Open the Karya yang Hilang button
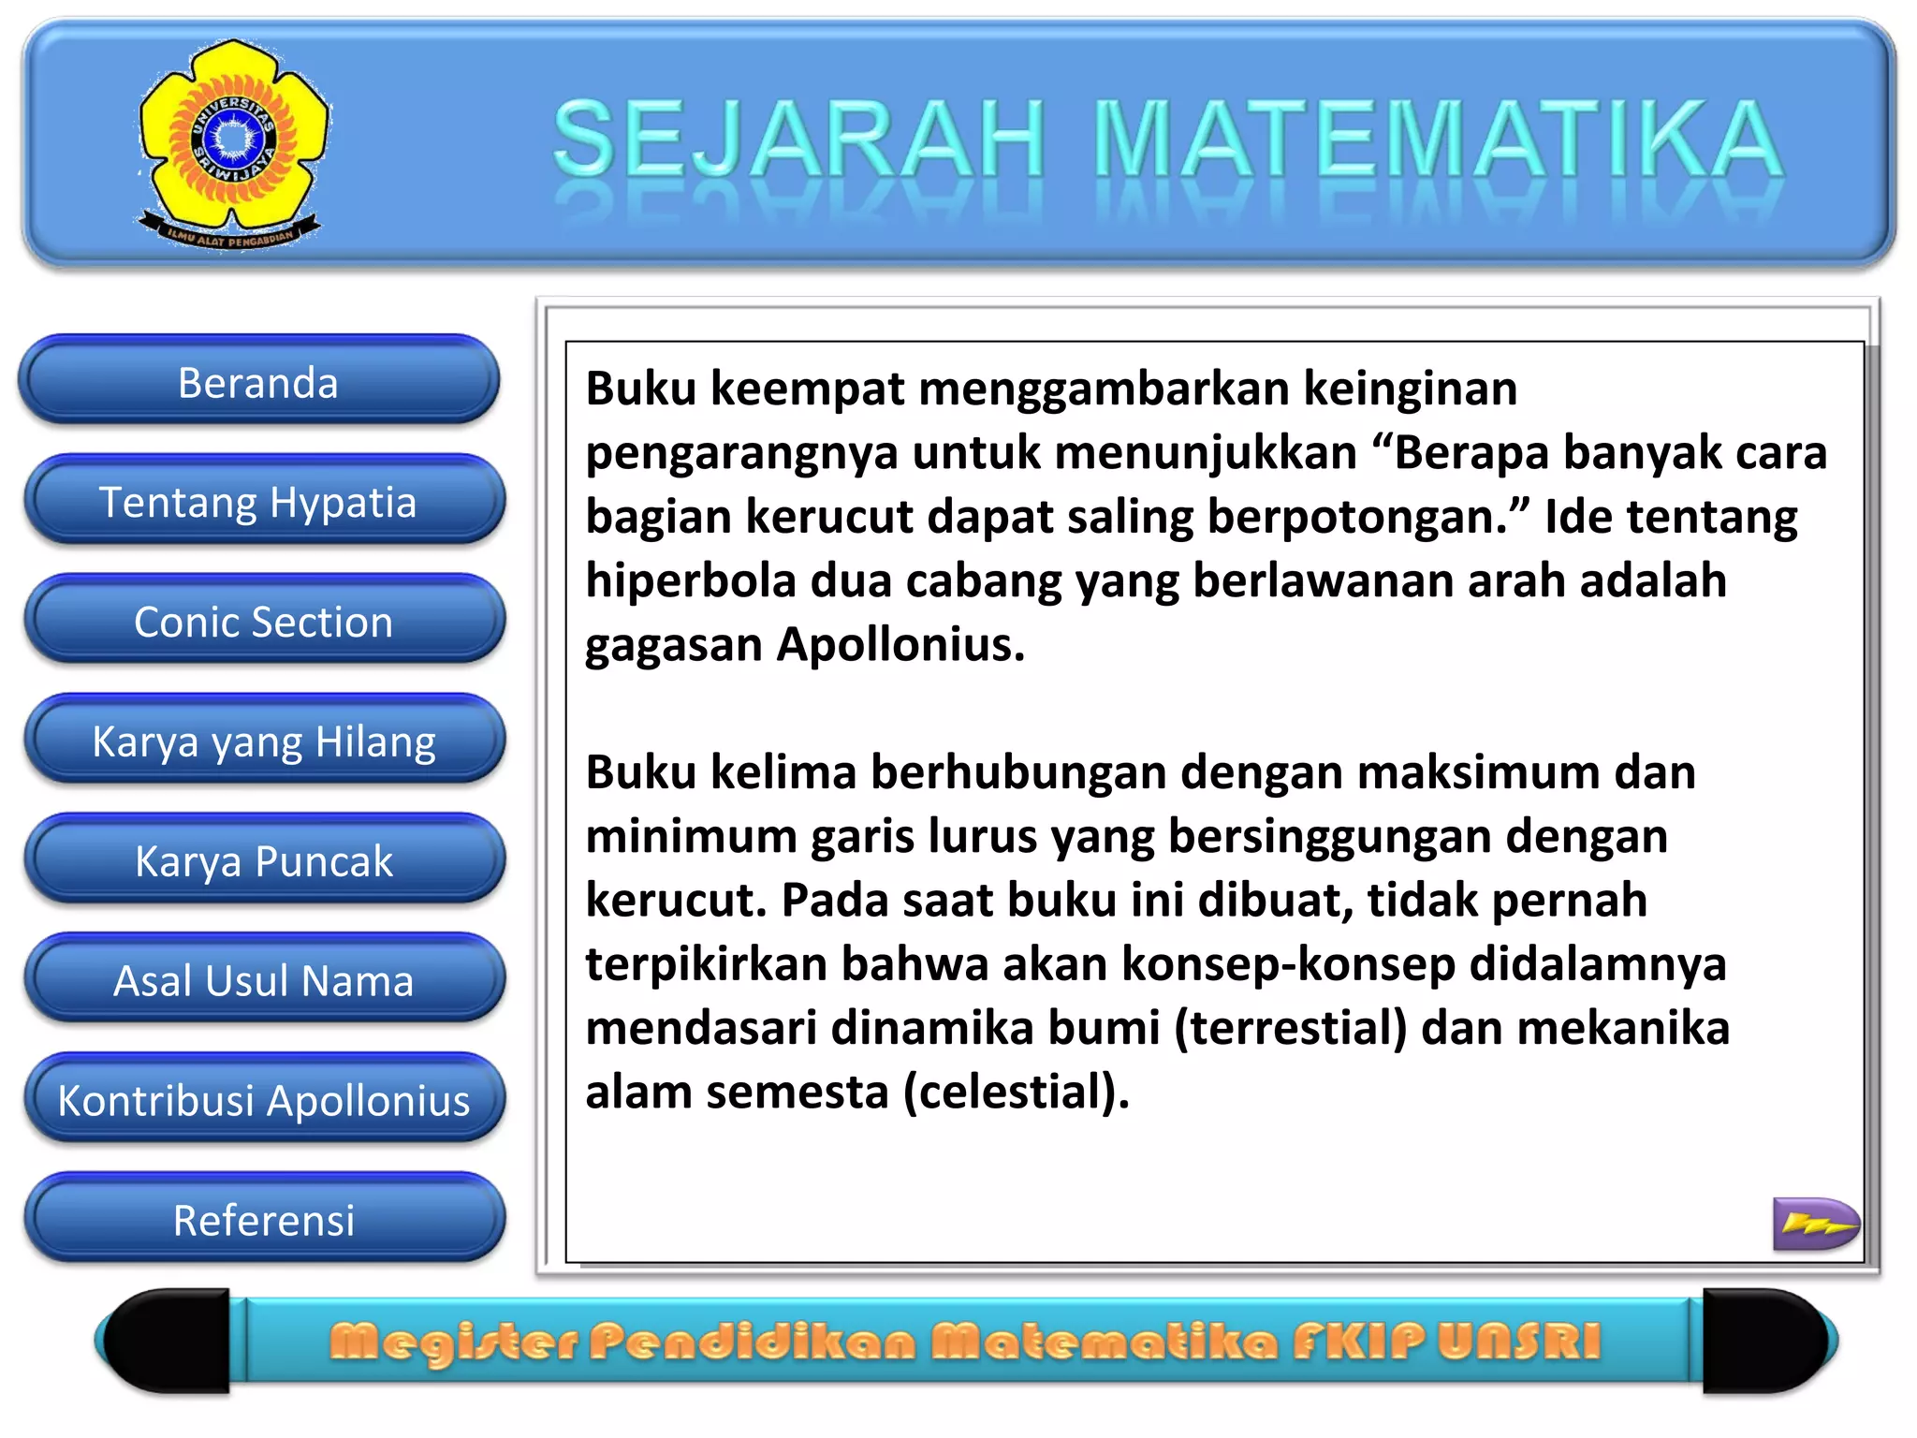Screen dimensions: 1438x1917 click(263, 741)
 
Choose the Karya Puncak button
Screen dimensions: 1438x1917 click(263, 861)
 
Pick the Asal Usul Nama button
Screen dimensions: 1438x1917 click(263, 981)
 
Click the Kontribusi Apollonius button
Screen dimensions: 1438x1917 click(263, 1101)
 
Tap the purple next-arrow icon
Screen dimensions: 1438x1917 click(1815, 1224)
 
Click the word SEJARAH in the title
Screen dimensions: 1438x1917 click(798, 140)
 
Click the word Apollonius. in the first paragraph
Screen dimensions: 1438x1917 click(900, 645)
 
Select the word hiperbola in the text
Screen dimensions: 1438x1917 click(690, 581)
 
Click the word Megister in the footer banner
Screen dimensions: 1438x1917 click(454, 1342)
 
